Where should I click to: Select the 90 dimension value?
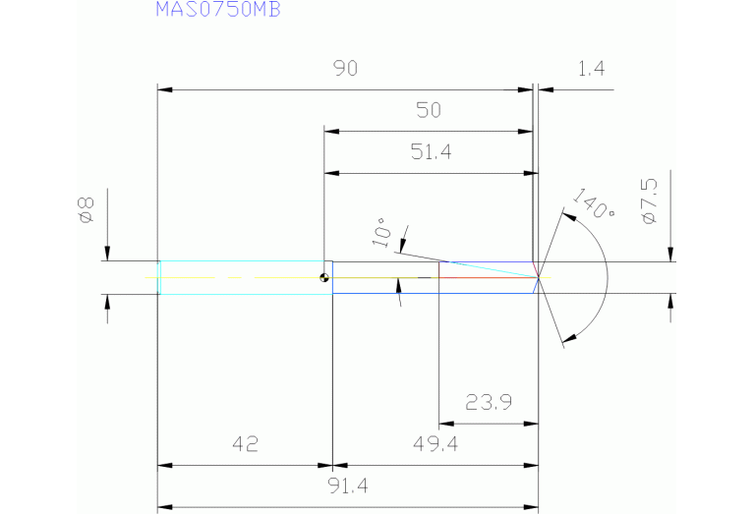click(x=345, y=69)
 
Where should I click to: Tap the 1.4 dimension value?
click(x=591, y=69)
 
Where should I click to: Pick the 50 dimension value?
click(x=429, y=110)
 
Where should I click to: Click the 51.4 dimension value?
click(x=429, y=152)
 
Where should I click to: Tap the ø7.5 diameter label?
click(x=649, y=201)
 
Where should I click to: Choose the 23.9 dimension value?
click(x=488, y=403)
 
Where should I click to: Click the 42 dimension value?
click(x=245, y=444)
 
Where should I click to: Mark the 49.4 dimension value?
click(x=436, y=444)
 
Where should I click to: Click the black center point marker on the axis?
click(x=323, y=277)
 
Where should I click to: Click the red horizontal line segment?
click(x=487, y=277)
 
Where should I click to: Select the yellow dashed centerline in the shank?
click(x=236, y=277)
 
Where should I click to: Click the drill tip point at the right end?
click(x=539, y=277)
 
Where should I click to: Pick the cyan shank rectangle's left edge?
click(x=159, y=277)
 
